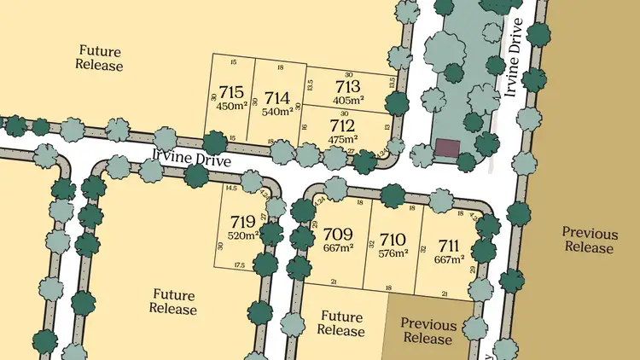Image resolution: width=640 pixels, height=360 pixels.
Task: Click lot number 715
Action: coord(231,92)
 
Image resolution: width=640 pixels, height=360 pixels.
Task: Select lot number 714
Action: coord(277,97)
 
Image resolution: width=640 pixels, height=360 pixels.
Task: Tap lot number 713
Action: coord(347,86)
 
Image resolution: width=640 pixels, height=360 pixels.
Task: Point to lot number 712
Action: coord(342,125)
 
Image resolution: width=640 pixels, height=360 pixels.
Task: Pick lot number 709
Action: coord(338,234)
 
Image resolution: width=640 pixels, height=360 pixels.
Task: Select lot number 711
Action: coord(449,246)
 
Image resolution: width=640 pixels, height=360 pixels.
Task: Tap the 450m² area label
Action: coord(231,106)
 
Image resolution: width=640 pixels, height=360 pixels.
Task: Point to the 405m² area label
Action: coord(347,99)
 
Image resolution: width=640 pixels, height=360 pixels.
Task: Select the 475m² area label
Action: coord(342,138)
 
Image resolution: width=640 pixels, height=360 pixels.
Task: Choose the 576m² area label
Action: coord(393,252)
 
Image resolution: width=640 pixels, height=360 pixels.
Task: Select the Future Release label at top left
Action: coord(100,57)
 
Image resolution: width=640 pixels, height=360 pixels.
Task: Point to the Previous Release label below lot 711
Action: coord(428,331)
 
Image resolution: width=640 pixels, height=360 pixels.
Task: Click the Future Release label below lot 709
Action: coord(341,323)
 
